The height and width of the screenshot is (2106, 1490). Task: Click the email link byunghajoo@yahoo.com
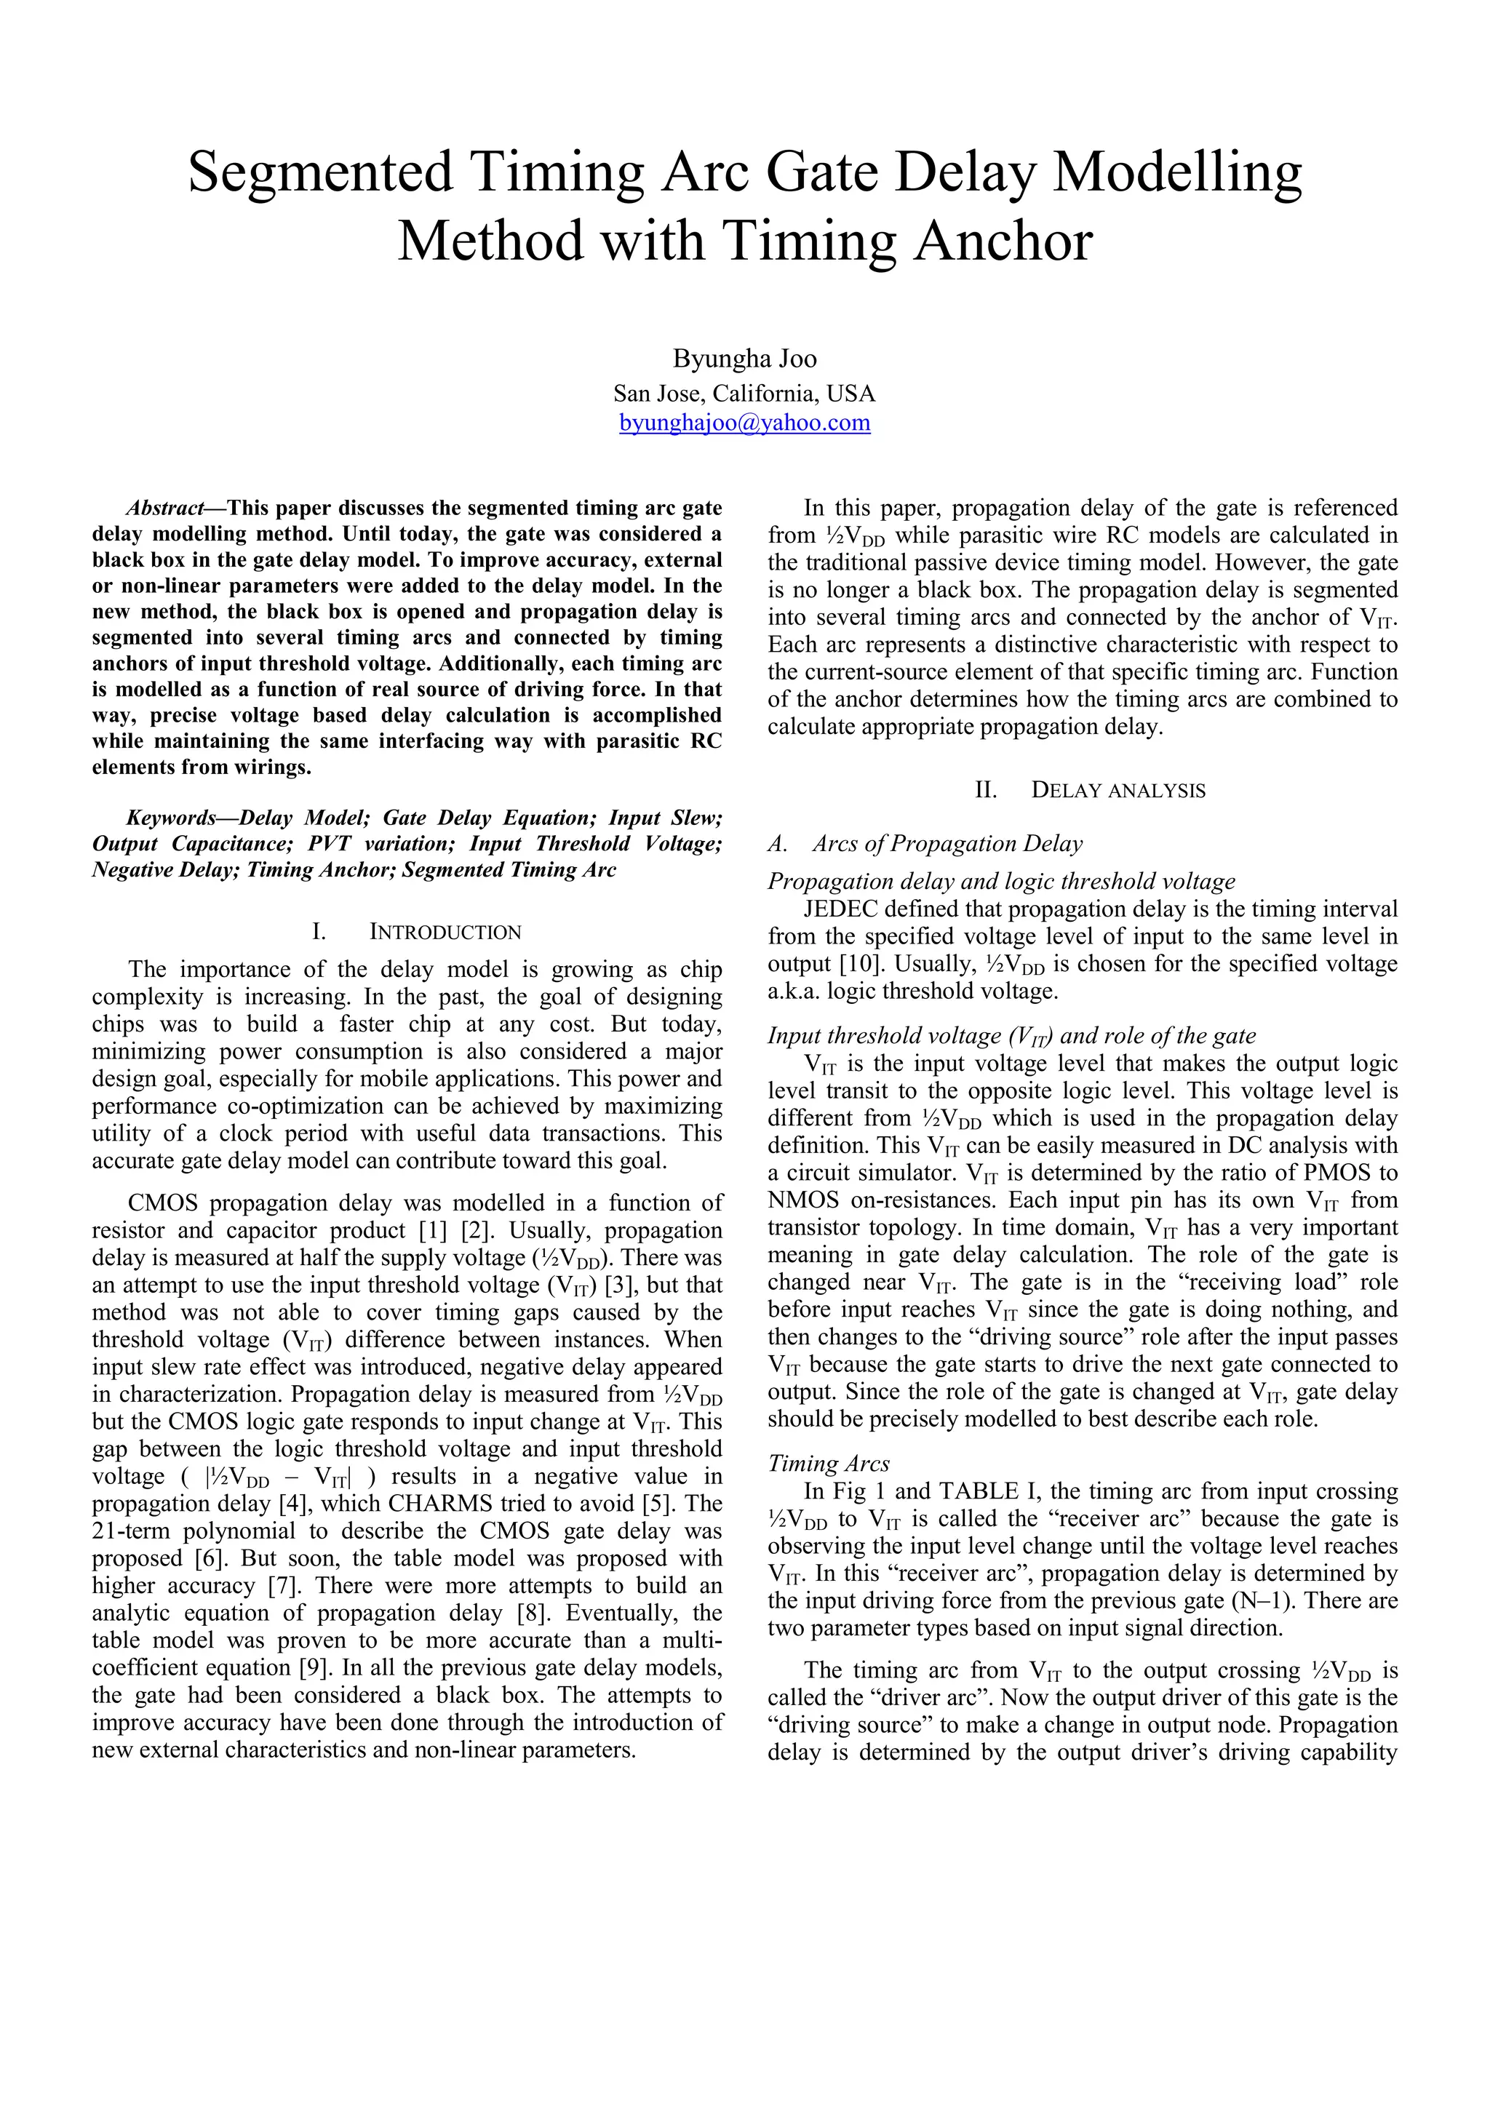744,423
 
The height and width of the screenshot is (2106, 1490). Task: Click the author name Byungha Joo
744,359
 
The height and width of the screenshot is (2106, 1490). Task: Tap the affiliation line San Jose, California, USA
744,394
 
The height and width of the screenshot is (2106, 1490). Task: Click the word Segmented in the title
320,172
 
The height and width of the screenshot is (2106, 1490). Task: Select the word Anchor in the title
1002,242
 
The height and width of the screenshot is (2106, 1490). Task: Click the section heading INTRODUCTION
445,933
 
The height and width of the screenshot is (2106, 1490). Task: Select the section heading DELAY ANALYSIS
1117,791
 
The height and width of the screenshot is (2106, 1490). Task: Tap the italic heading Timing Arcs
829,1463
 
